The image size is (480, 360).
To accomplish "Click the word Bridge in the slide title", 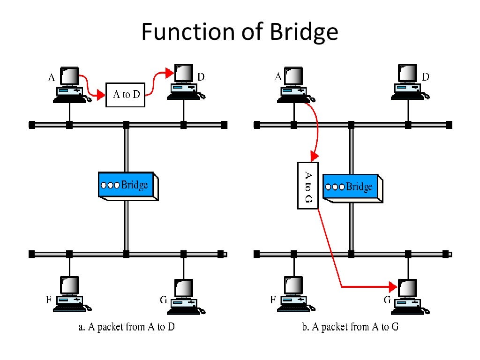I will pyautogui.click(x=304, y=32).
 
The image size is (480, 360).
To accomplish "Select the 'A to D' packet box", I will pyautogui.click(x=125, y=94).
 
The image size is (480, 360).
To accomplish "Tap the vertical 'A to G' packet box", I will pyautogui.click(x=308, y=185).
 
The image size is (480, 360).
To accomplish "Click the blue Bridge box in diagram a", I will pyautogui.click(x=127, y=186).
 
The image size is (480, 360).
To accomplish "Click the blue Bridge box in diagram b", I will pyautogui.click(x=352, y=187).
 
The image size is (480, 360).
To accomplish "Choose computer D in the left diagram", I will pyautogui.click(x=185, y=82).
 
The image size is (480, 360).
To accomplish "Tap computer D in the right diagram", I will pyautogui.click(x=408, y=82).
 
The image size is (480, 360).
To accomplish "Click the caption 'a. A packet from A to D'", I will pyautogui.click(x=126, y=327).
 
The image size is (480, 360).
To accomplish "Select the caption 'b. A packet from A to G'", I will pyautogui.click(x=350, y=327).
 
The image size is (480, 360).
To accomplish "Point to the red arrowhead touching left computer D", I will pyautogui.click(x=170, y=72).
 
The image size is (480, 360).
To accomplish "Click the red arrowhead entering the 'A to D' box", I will pyautogui.click(x=100, y=97).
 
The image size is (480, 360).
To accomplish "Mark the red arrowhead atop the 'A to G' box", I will pyautogui.click(x=315, y=157).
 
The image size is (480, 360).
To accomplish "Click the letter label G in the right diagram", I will pyautogui.click(x=387, y=300).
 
